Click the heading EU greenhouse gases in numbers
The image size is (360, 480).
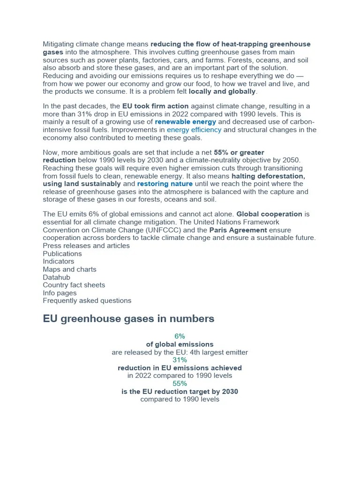point(128,319)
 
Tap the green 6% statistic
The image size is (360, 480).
point(180,336)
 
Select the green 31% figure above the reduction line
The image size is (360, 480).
point(180,360)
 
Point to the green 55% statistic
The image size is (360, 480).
point(180,383)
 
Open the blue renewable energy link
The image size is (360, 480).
point(186,122)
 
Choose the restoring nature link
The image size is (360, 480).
point(165,184)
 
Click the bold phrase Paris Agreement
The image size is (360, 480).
point(238,230)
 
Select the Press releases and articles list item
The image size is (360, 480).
point(86,246)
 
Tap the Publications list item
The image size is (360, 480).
point(62,254)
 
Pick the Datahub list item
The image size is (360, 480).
point(56,277)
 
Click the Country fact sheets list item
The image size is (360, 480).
point(74,285)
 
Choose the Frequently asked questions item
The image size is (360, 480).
point(87,300)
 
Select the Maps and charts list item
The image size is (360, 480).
point(69,269)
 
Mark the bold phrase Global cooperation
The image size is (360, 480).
point(269,214)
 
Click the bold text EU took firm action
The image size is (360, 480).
point(155,106)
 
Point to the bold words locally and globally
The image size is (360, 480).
point(222,91)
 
